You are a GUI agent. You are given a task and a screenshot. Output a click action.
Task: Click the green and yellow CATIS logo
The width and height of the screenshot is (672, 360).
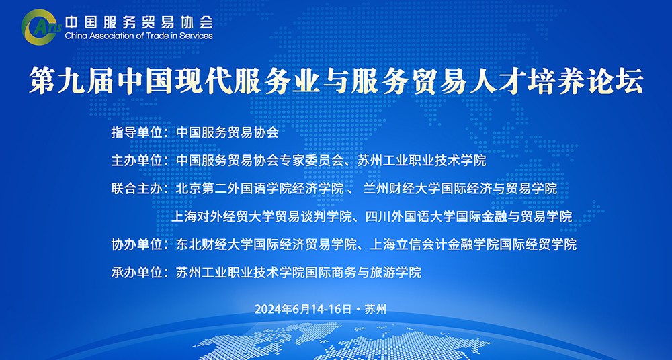point(40,27)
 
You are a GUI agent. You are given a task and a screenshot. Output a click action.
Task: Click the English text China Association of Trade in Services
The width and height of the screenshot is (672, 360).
point(138,36)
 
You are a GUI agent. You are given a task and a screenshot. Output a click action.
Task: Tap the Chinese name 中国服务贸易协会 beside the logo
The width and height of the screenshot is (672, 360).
point(138,22)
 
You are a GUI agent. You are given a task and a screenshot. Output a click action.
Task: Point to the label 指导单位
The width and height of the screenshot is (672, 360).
point(136,132)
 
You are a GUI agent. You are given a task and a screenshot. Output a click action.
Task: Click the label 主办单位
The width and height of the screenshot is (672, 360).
point(136,161)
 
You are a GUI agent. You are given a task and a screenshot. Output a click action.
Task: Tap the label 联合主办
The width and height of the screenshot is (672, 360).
point(136,188)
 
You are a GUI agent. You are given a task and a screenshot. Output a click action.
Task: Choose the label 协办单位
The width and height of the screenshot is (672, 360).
point(136,244)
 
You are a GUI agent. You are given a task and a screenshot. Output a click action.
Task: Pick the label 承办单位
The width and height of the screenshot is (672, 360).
point(136,272)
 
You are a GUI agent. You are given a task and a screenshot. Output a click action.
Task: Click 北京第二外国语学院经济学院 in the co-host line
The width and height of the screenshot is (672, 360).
point(259,188)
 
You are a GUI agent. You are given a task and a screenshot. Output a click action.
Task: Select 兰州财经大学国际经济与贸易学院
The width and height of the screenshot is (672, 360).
point(460,188)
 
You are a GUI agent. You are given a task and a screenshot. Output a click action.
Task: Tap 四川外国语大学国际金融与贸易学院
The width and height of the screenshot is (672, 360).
point(469,216)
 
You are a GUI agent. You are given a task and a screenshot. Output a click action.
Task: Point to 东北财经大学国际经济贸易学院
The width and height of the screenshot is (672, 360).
point(266,244)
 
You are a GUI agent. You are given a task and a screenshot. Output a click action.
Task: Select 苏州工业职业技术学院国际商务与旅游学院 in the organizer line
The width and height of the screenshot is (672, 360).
point(299,272)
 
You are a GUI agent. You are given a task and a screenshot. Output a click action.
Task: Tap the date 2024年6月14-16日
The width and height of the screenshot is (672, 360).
point(303,309)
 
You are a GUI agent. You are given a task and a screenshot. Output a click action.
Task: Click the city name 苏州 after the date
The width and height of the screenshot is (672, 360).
point(375,309)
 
